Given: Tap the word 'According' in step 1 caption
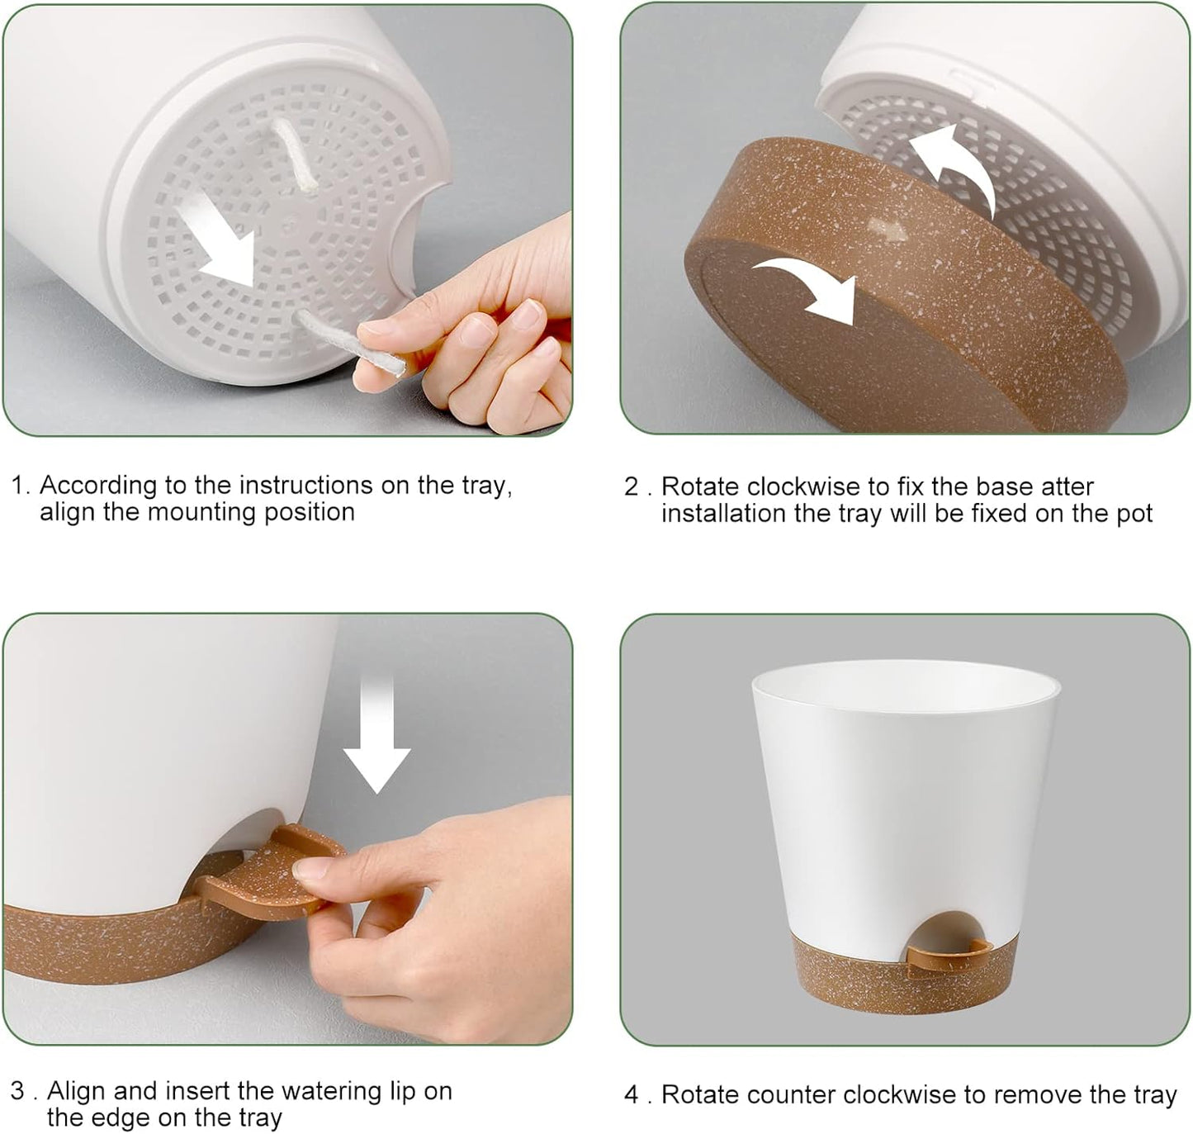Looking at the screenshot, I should [x=97, y=485].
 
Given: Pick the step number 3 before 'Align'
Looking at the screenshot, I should [x=18, y=1091].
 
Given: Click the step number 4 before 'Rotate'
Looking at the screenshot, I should [x=632, y=1095].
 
